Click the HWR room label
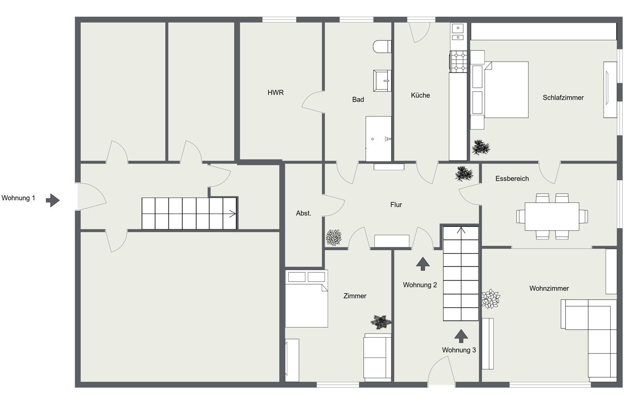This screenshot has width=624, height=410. [x=275, y=93]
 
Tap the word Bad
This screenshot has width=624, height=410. [x=358, y=99]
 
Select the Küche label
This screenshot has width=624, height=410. [x=420, y=95]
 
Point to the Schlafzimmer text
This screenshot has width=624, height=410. [x=563, y=98]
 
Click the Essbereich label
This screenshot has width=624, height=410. [x=512, y=179]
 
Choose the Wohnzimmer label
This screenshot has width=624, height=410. [x=549, y=288]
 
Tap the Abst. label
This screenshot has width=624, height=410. [x=303, y=213]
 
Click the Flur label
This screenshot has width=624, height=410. [x=396, y=205]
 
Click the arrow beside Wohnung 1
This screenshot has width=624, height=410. [x=53, y=200]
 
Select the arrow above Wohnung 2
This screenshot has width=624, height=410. [x=423, y=264]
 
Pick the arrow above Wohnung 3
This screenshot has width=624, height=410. [x=461, y=336]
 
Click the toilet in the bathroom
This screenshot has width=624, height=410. [x=382, y=46]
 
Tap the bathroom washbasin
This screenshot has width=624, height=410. [x=382, y=80]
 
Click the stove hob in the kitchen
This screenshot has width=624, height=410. [x=459, y=62]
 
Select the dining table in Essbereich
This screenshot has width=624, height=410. [x=552, y=216]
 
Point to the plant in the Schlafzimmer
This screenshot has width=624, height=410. [x=481, y=147]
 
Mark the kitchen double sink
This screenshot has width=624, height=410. [x=458, y=32]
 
